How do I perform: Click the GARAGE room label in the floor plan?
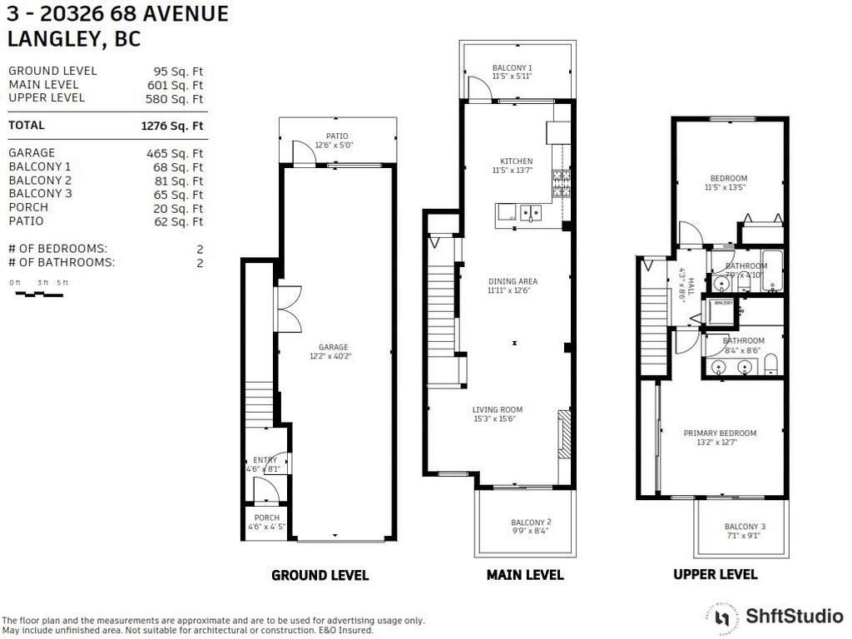pyautogui.click(x=333, y=348)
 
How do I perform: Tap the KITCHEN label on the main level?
pyautogui.click(x=516, y=161)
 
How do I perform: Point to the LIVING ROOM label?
pyautogui.click(x=498, y=409)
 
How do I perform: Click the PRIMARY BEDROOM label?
pyautogui.click(x=720, y=433)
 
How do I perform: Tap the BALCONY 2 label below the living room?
pyautogui.click(x=531, y=523)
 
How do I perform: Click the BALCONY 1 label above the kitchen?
pyautogui.click(x=512, y=67)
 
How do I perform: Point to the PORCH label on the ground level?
pyautogui.click(x=266, y=518)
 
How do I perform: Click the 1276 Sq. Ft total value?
pyautogui.click(x=172, y=126)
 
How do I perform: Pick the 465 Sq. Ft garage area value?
pyautogui.click(x=175, y=153)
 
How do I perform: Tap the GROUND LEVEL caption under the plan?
pyautogui.click(x=319, y=575)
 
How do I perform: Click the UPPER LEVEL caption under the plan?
pyautogui.click(x=715, y=574)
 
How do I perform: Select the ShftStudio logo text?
pyautogui.click(x=794, y=617)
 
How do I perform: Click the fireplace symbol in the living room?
pyautogui.click(x=564, y=433)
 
